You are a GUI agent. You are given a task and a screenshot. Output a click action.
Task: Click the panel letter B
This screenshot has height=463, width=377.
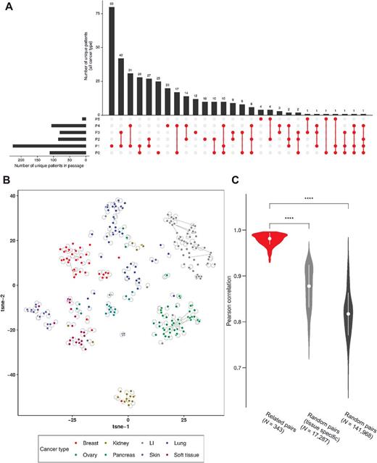[x=5, y=177]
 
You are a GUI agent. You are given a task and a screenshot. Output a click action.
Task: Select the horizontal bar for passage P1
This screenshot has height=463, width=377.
[x=50, y=146]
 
